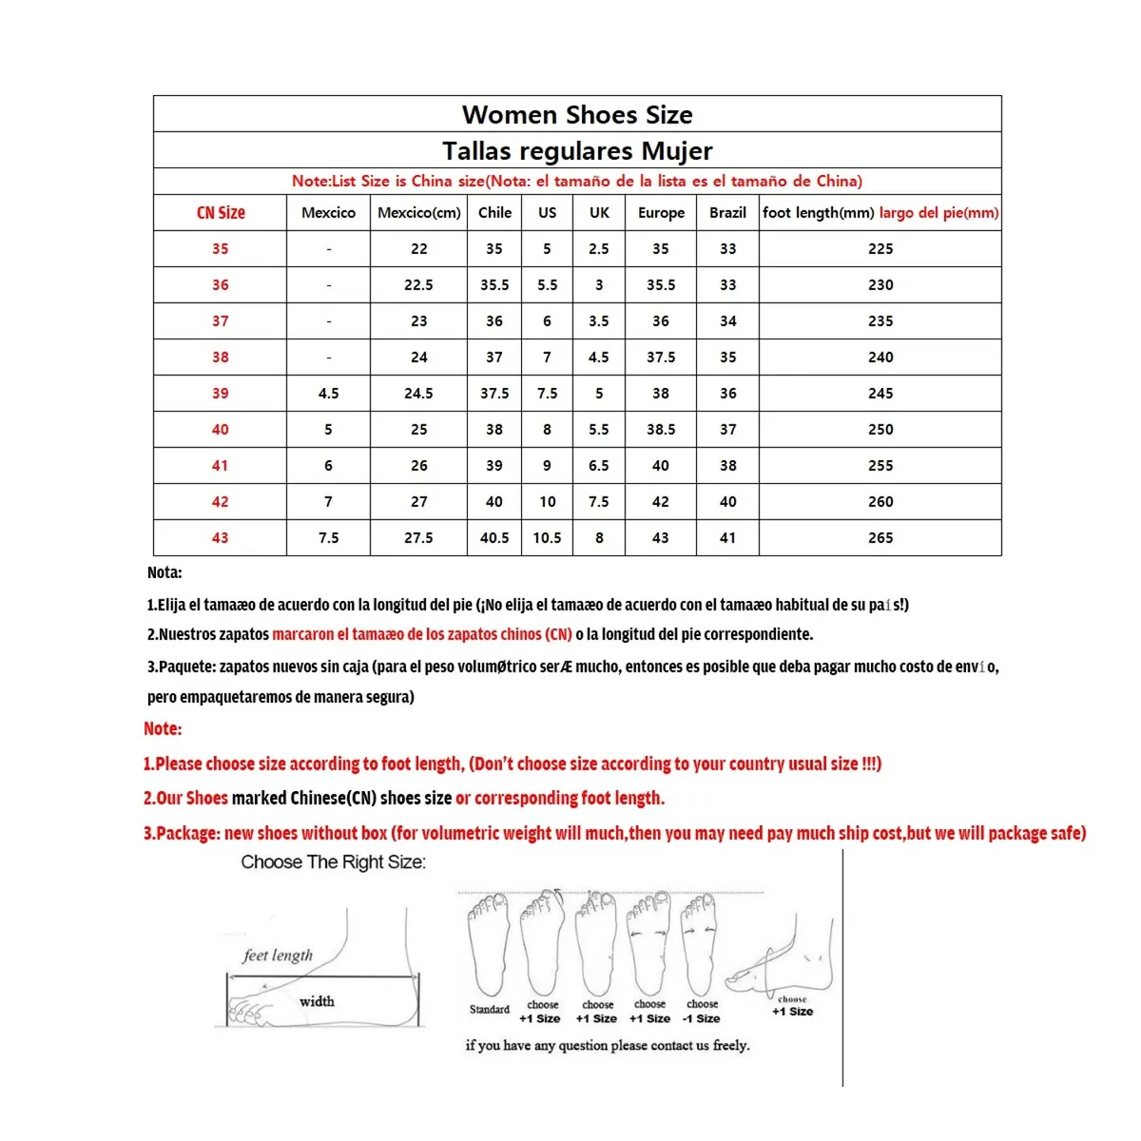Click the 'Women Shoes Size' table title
[x=577, y=115]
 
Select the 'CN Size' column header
[x=221, y=213]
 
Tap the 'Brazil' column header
[x=727, y=213]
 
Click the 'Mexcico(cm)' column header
[x=418, y=213]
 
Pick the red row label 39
[x=221, y=394]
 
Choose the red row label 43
[x=221, y=538]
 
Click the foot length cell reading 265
[x=880, y=538]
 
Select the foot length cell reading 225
[x=880, y=249]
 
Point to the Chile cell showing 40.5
[x=494, y=538]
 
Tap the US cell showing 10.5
[x=547, y=538]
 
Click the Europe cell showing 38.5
[x=661, y=430]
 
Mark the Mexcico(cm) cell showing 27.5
[x=418, y=538]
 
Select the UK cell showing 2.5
[x=599, y=249]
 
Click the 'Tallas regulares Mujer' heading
[x=577, y=151]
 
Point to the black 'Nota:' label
[x=164, y=572]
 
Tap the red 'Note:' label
[x=163, y=729]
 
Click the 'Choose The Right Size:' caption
[x=333, y=862]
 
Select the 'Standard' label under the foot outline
[x=490, y=1010]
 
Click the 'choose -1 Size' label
[x=702, y=1012]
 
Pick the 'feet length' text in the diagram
[x=278, y=956]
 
